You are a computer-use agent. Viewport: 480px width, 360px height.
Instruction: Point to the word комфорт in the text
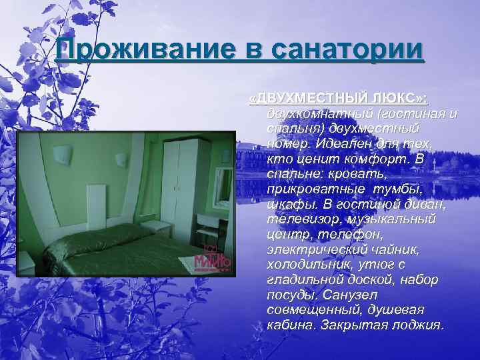click(371, 159)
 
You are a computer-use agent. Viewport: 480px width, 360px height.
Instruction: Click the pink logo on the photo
click(212, 260)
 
